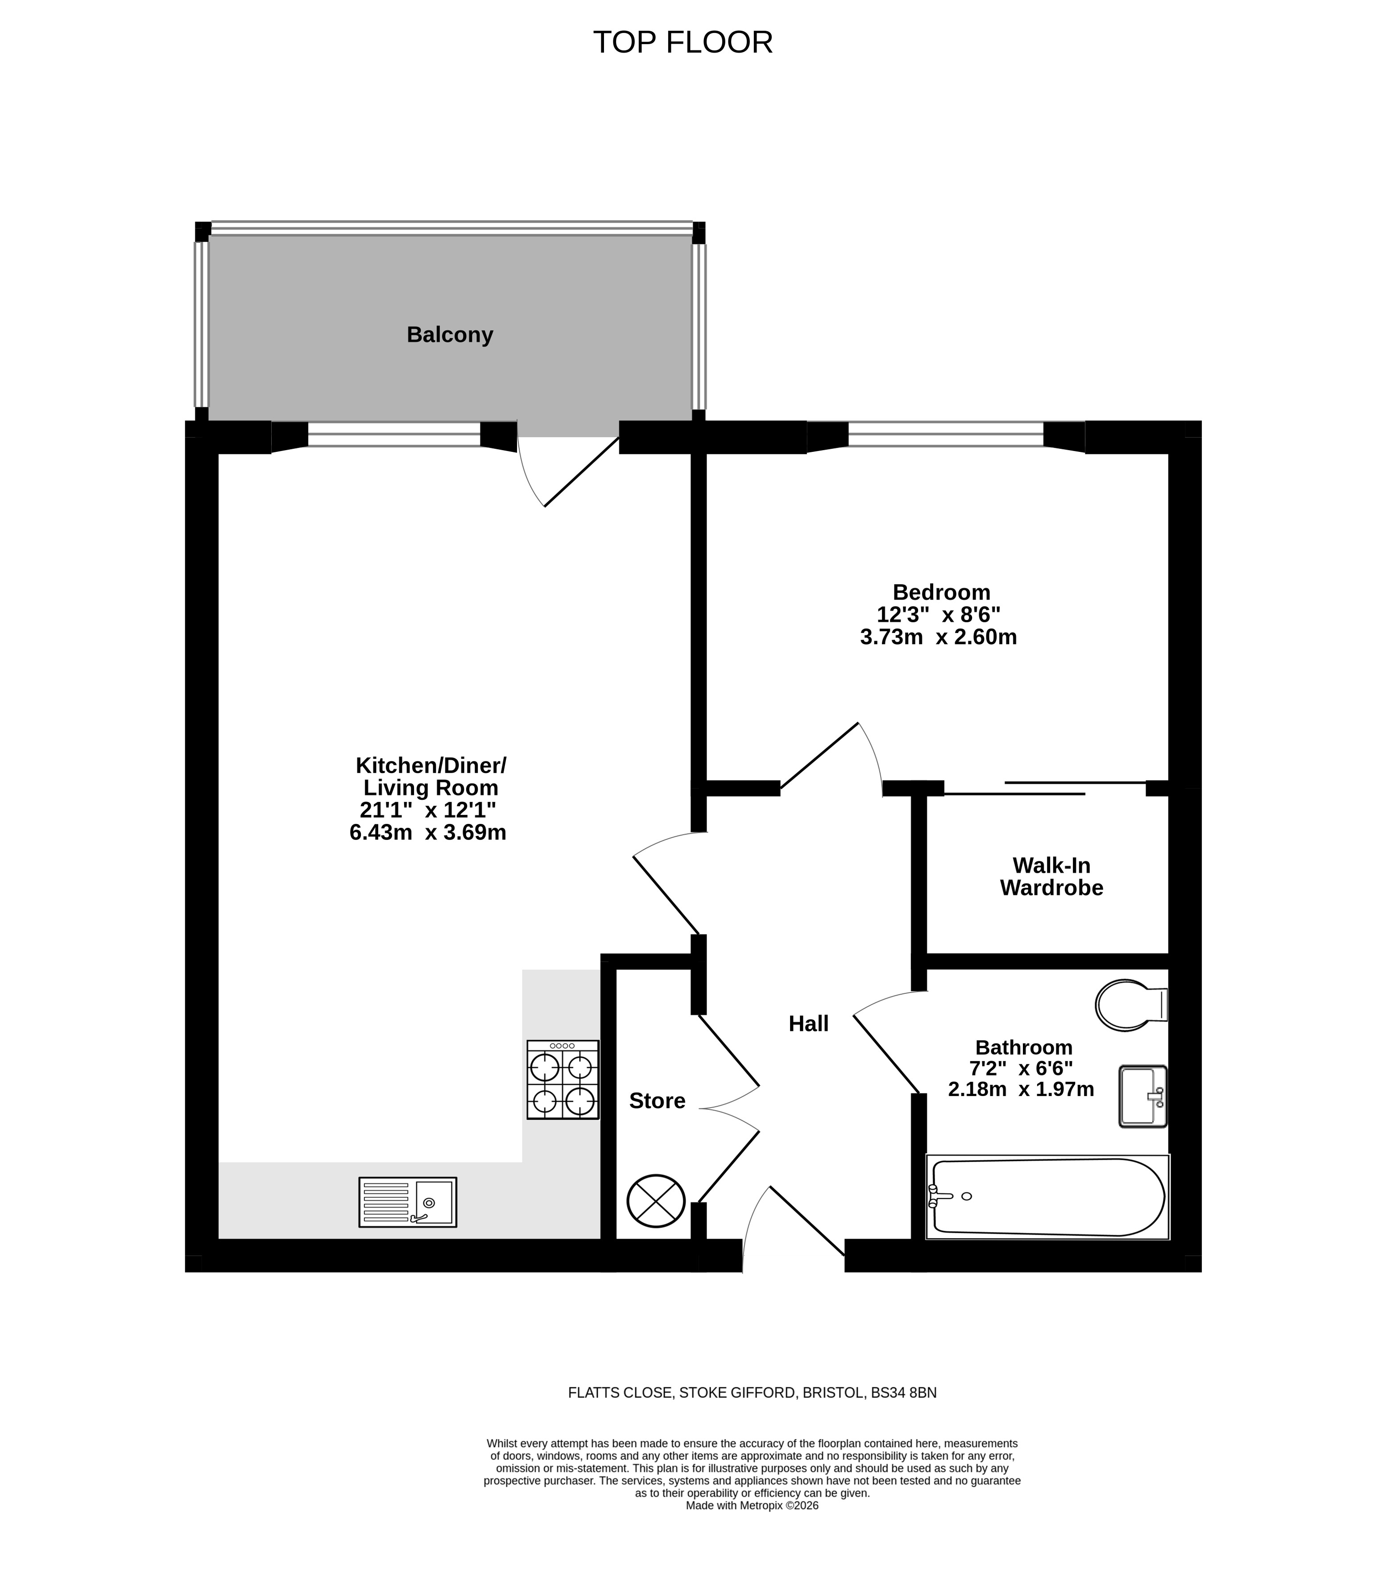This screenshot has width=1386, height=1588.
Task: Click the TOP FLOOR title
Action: coord(683,42)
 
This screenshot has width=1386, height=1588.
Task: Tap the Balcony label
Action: coord(450,335)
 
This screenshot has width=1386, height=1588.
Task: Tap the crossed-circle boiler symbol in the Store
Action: coord(656,1200)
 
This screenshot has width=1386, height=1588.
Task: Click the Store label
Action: coord(658,1101)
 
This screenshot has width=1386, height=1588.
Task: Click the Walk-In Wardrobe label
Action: coord(1052,877)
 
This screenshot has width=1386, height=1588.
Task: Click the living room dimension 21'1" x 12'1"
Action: coord(428,810)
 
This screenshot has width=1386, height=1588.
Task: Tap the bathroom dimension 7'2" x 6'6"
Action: coord(1022,1068)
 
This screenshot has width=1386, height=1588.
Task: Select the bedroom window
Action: coord(946,434)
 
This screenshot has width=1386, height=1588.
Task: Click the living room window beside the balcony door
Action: coord(394,434)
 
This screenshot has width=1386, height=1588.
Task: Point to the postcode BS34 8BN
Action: coord(903,1393)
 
